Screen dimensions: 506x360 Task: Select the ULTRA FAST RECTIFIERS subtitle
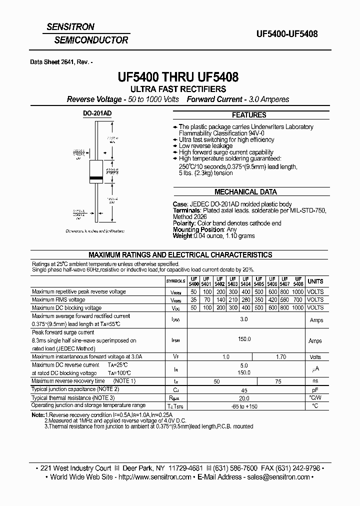pyautogui.click(x=178, y=89)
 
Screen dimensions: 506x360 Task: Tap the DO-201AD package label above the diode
pyautogui.click(x=97, y=113)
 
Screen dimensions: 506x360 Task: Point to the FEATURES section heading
pyautogui.click(x=248, y=114)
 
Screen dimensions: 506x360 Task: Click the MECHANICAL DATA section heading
pyautogui.click(x=245, y=191)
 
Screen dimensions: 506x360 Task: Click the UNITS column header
pyautogui.click(x=315, y=281)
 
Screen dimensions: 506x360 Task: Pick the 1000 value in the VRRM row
pyautogui.click(x=298, y=291)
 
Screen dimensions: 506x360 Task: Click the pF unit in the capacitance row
pyautogui.click(x=315, y=389)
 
